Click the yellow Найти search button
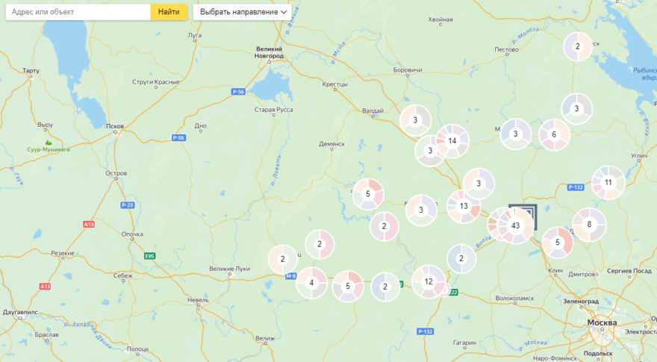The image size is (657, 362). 169,12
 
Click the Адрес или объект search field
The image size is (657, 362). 78,12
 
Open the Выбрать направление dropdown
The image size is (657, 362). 241,12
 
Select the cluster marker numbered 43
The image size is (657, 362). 515,225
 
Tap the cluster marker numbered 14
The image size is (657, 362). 452,140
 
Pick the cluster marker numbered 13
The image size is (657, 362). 464,207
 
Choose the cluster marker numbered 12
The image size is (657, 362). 429,281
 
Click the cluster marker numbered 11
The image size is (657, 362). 608,182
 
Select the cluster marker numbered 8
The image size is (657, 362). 589,224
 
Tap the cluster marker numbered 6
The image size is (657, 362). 554,135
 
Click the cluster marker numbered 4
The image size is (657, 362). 312,283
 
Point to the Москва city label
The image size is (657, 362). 602,322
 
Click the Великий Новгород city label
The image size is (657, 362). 269,52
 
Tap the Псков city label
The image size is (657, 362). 115,126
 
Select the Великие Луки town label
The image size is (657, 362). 227,269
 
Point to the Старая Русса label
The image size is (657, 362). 273,110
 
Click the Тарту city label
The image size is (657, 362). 31,71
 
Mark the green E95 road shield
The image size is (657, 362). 150,256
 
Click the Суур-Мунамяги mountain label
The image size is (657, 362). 49,149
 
